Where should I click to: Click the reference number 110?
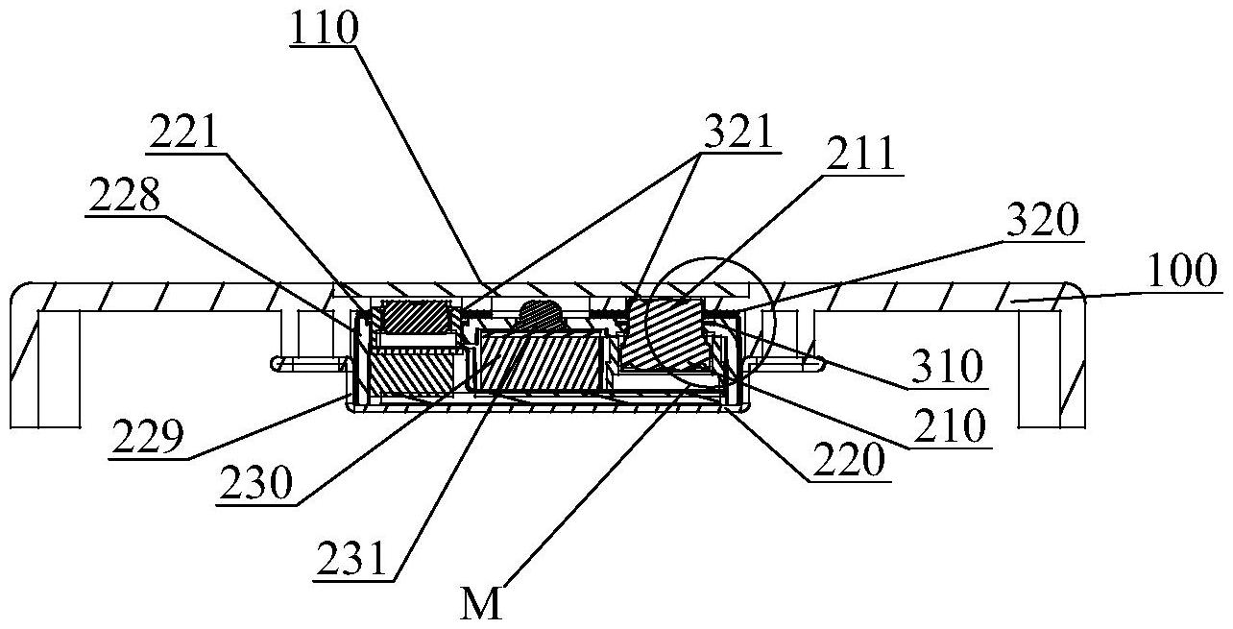tap(325, 28)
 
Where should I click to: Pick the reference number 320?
tap(1043, 219)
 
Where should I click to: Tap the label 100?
tap(1182, 270)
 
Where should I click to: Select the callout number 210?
tap(949, 425)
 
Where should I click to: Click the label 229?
tap(147, 436)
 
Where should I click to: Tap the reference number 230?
tap(254, 482)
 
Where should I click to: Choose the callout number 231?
tap(351, 558)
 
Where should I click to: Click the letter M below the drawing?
tap(481, 605)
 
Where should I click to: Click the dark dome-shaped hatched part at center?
tap(541, 316)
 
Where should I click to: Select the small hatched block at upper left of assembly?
tap(416, 317)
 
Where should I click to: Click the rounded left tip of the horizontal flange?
tap(274, 364)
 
